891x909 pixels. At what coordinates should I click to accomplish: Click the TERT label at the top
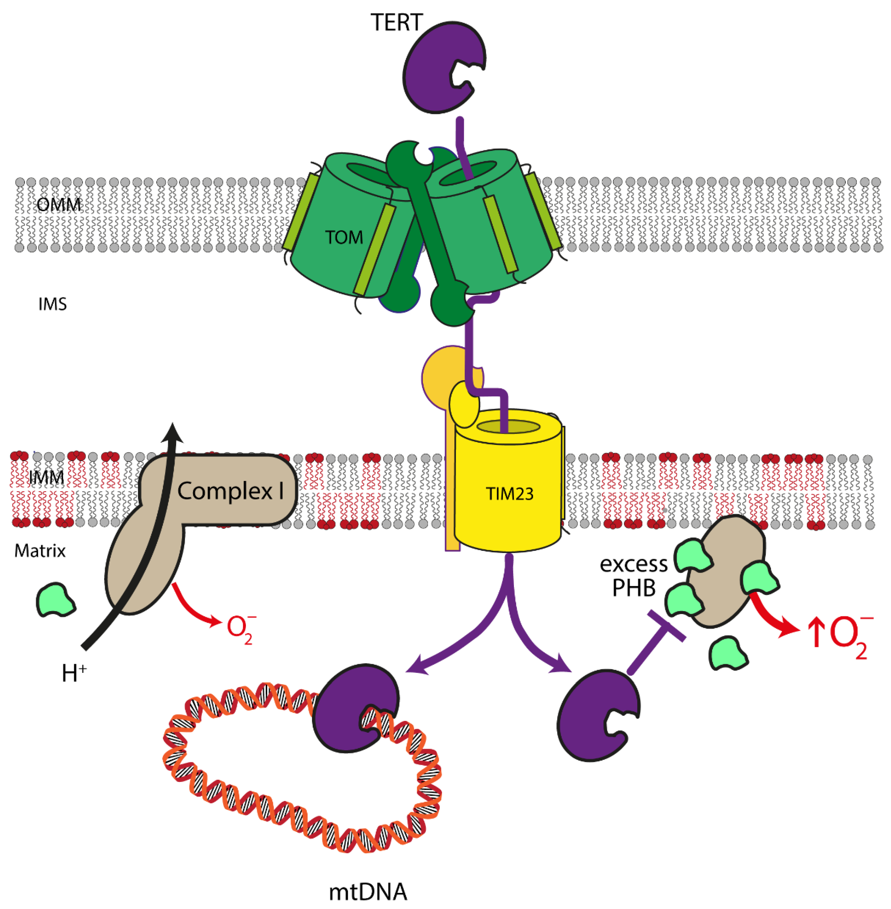(396, 22)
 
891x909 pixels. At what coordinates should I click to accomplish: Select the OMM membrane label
(58, 204)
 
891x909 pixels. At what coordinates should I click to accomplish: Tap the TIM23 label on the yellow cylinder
(509, 494)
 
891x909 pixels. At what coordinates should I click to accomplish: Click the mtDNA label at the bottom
(368, 892)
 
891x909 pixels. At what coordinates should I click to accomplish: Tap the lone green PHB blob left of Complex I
(55, 601)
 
